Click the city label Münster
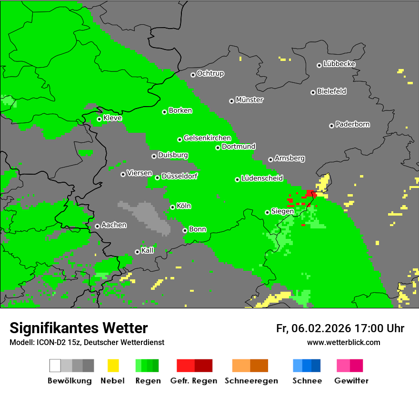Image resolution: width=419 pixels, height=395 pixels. pos(249,100)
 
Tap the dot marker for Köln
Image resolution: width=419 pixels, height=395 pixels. pos(172,207)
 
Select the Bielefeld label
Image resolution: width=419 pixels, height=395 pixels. pos(331,91)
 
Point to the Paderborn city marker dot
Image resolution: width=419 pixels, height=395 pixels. pos(331,126)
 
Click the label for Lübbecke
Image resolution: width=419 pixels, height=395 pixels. pos(339,64)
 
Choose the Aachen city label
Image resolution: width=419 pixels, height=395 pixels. pos(114,225)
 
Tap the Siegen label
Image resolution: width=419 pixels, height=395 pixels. pos(282,211)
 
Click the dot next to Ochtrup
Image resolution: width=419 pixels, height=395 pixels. pos(193,74)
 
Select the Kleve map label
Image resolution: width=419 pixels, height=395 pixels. pos(112,118)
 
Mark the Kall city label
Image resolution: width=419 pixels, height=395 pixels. pos(148,250)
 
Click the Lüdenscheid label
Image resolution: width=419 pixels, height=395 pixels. pos(262,178)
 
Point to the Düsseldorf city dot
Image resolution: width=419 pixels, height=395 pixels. pos(157,178)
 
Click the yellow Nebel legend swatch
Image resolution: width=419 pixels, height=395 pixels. pos(113,365)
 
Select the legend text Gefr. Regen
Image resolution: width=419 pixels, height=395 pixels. pos(194,381)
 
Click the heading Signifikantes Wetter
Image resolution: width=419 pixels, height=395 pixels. pos(79,328)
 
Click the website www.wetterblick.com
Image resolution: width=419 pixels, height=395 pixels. pos(343,342)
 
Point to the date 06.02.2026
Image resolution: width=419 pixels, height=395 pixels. pos(321,328)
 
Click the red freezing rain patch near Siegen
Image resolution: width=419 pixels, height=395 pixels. pos(310,194)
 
